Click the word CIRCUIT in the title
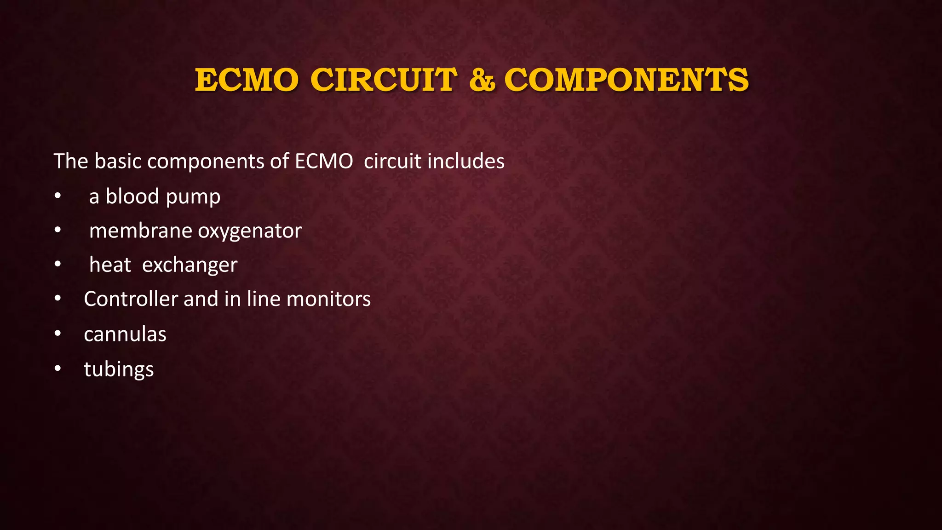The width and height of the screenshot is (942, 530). (384, 80)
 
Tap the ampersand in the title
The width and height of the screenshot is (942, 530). (482, 80)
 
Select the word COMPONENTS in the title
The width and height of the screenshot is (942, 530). (626, 80)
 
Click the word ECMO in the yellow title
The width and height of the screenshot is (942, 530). (247, 80)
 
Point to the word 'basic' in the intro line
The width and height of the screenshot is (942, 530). (118, 161)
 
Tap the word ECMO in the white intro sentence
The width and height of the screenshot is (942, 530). (324, 161)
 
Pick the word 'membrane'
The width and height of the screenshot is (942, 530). (140, 230)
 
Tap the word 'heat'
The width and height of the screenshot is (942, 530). (110, 265)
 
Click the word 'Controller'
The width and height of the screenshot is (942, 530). (131, 299)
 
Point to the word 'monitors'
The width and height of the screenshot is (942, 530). (328, 299)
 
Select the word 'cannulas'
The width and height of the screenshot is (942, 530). (125, 334)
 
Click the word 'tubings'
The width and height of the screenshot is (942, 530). (119, 369)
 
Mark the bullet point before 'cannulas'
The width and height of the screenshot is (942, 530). (57, 334)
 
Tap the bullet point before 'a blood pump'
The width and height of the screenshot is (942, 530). (57, 196)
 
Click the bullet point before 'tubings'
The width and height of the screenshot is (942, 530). (57, 369)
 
